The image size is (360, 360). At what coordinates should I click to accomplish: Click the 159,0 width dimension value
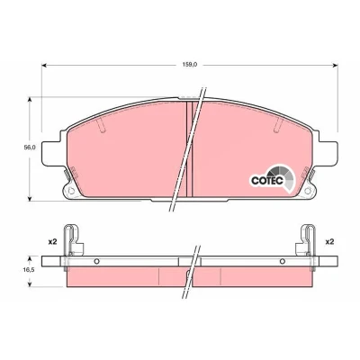[191, 65]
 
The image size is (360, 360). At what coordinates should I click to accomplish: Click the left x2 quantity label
[52, 242]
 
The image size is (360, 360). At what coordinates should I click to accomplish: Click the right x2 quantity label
[329, 242]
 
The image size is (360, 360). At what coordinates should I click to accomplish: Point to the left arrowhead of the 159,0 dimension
[45, 65]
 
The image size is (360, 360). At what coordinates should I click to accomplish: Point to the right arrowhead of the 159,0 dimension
[335, 65]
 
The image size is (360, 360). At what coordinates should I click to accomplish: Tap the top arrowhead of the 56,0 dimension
[30, 101]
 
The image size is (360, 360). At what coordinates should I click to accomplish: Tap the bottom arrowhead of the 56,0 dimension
[30, 198]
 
